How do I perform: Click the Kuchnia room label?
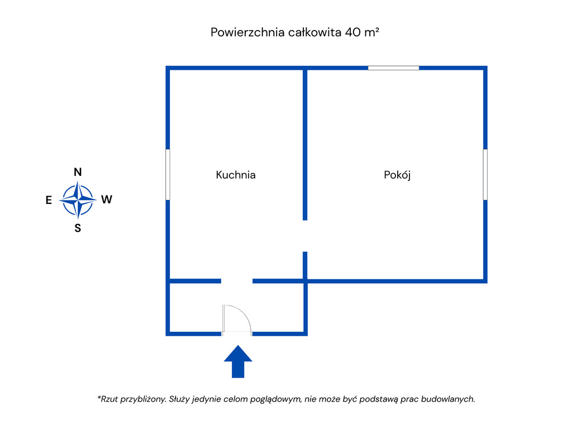[x=236, y=175]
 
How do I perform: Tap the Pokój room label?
[x=397, y=175]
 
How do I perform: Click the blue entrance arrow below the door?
[x=238, y=361]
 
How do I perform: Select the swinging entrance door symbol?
[x=236, y=319]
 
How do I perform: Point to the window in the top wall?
[x=393, y=68]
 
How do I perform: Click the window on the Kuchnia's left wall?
[x=168, y=174]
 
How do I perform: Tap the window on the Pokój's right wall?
[x=485, y=174]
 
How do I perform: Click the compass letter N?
[x=78, y=172]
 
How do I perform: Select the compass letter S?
[x=78, y=228]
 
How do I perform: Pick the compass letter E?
[x=49, y=200]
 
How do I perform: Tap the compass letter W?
[x=107, y=199]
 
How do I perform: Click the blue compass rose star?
[x=78, y=199]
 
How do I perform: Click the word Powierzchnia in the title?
[x=247, y=32]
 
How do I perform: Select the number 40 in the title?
[x=352, y=32]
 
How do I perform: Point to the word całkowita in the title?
[x=314, y=32]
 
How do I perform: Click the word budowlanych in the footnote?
[x=448, y=399]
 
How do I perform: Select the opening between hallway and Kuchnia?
[x=237, y=281]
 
